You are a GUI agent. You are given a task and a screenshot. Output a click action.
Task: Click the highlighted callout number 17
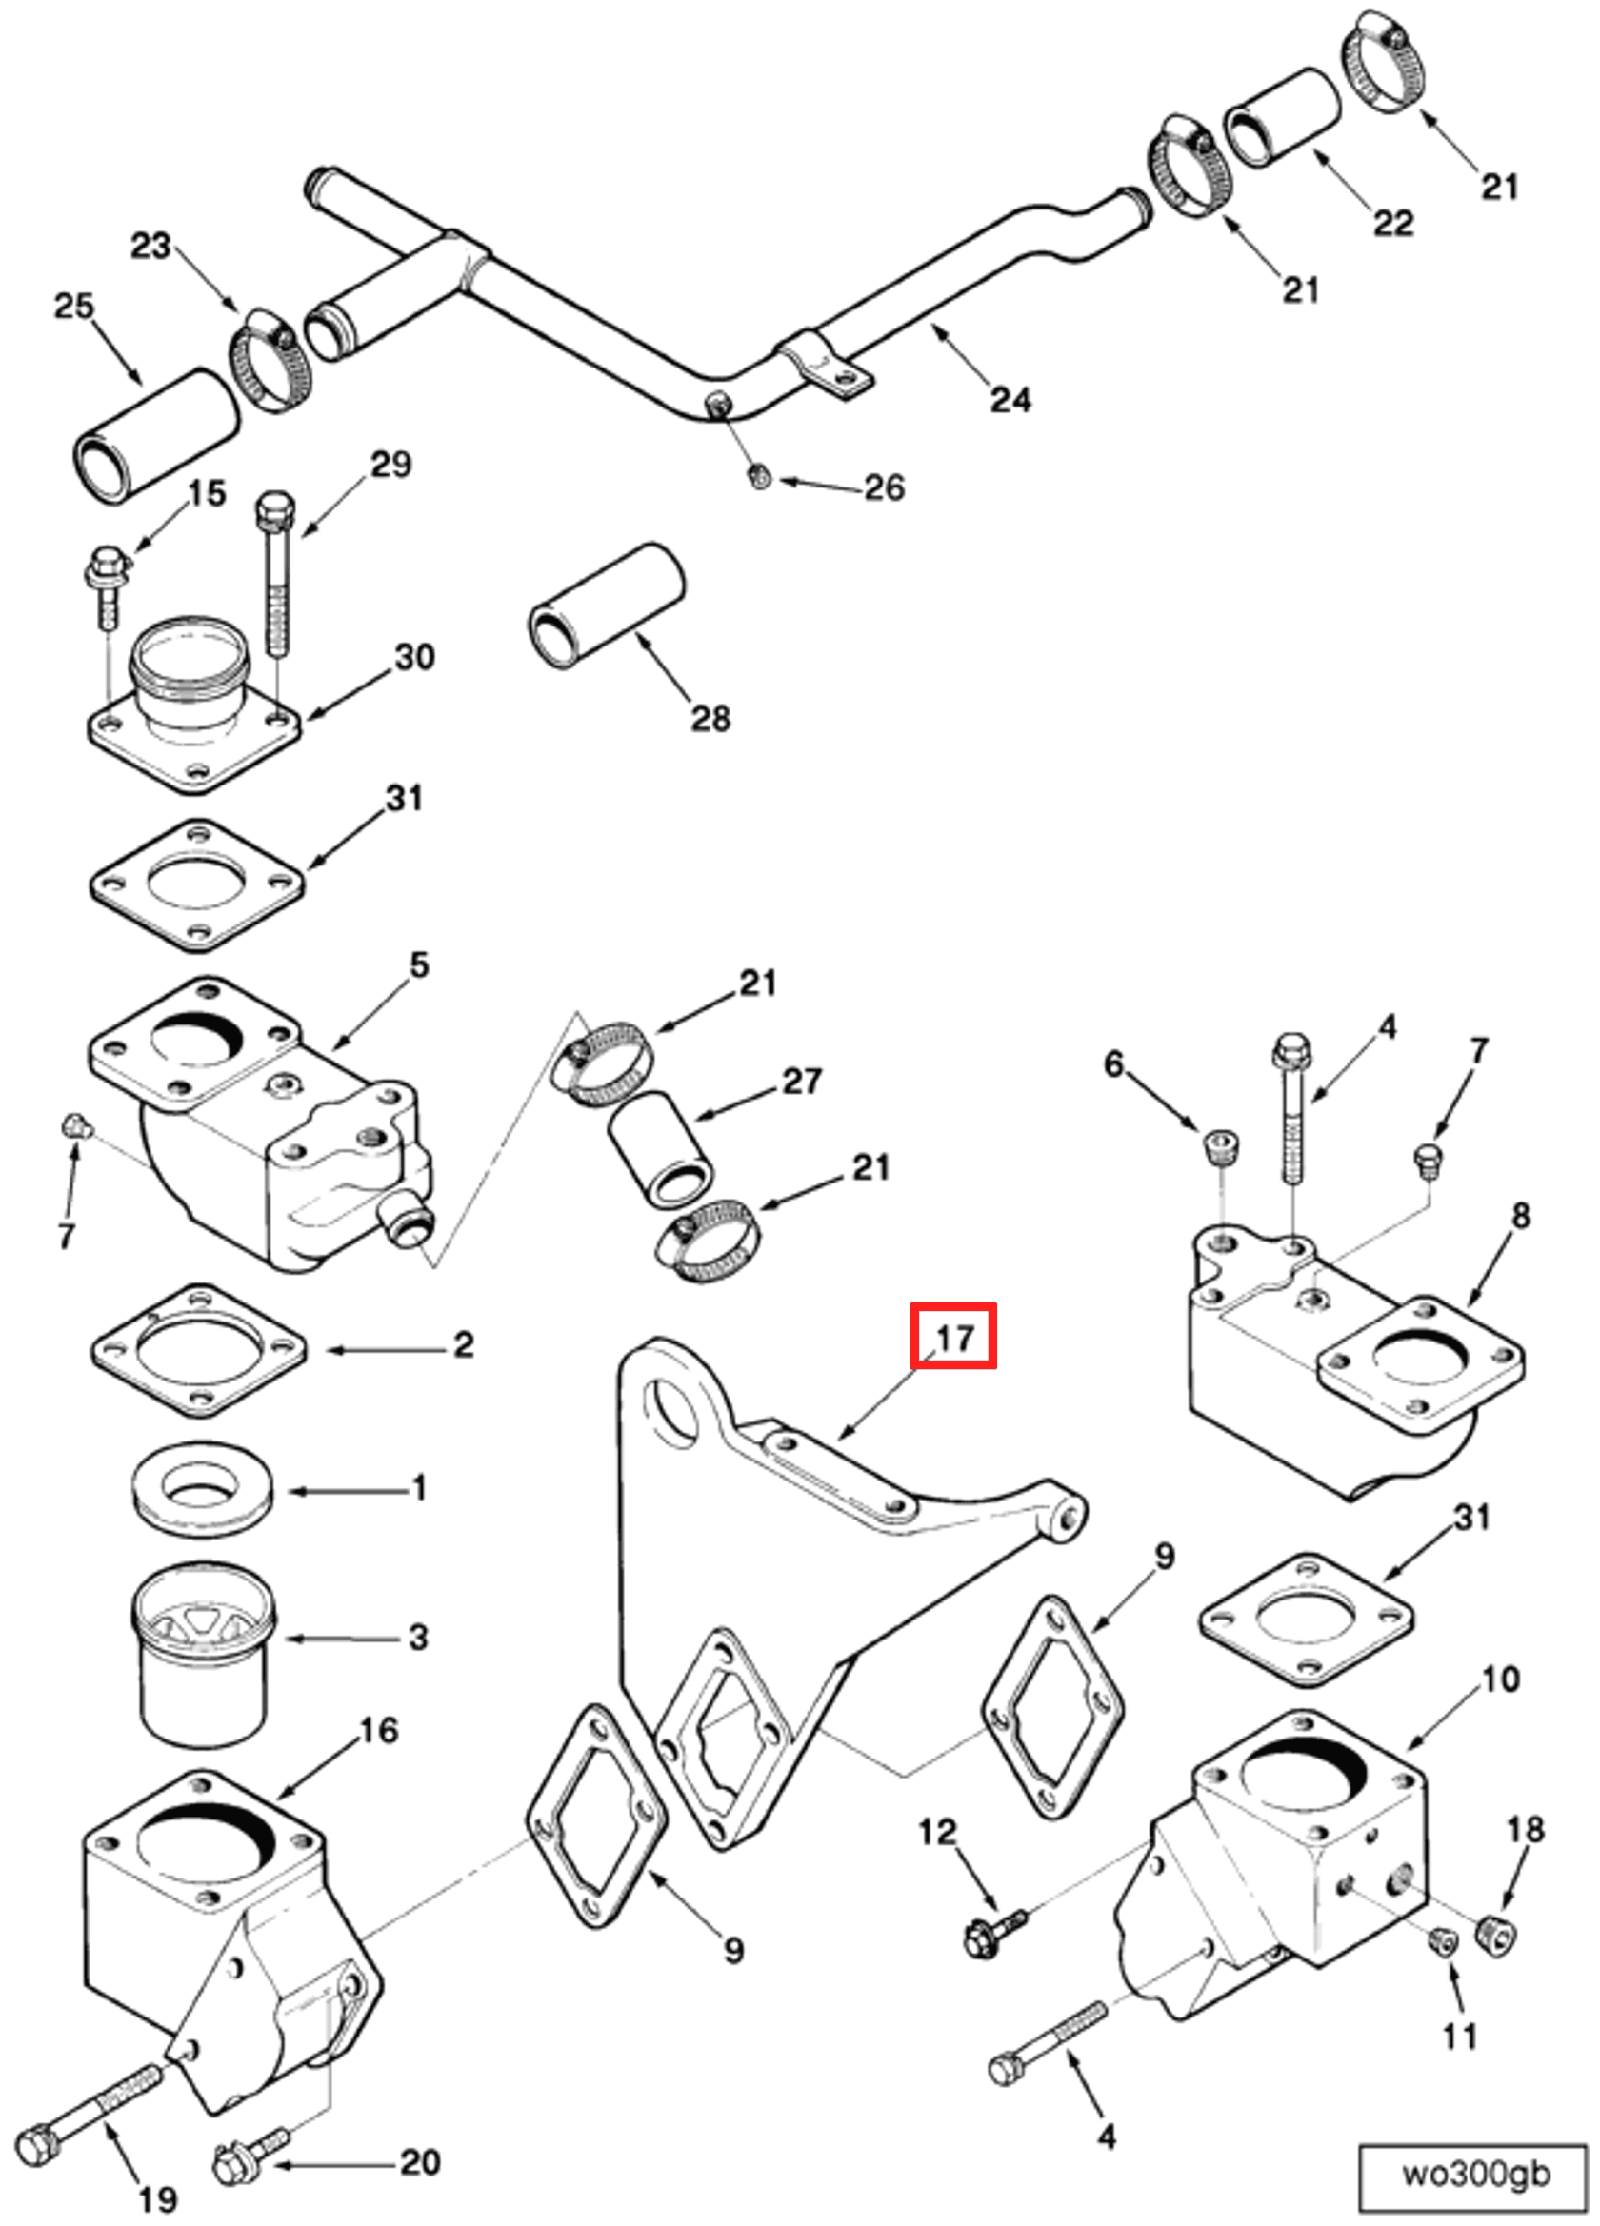coord(953,1337)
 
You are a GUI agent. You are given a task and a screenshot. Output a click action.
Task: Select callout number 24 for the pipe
coord(1010,400)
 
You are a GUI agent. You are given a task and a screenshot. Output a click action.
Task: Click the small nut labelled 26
coord(759,478)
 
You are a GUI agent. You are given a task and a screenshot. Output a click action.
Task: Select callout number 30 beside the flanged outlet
coord(414,657)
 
